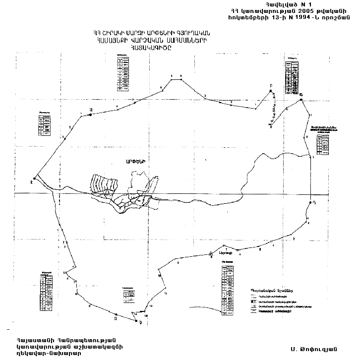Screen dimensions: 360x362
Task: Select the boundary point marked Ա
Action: [x=91, y=115]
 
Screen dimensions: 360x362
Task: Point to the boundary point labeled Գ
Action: [x=302, y=100]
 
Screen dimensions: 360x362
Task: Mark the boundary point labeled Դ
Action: [x=310, y=203]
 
